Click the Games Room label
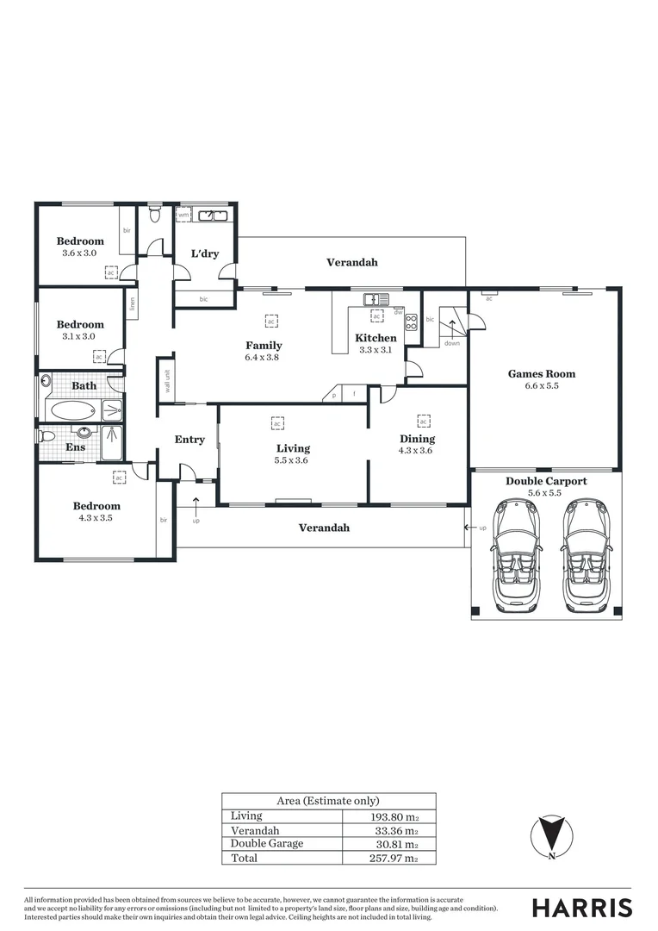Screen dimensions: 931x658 tap(541, 374)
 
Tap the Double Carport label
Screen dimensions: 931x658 tap(545, 481)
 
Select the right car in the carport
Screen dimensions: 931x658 tap(584, 554)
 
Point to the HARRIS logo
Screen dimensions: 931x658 tap(581, 907)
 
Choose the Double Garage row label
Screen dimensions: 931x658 tap(267, 844)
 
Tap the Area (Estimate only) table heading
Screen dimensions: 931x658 tap(327, 801)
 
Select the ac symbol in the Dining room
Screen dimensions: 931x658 tap(423, 421)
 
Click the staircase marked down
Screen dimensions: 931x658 tap(450, 328)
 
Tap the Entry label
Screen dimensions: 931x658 tap(189, 440)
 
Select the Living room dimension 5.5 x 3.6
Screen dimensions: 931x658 tap(293, 460)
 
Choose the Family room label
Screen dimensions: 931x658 tap(264, 346)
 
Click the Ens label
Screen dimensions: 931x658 tap(75, 447)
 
